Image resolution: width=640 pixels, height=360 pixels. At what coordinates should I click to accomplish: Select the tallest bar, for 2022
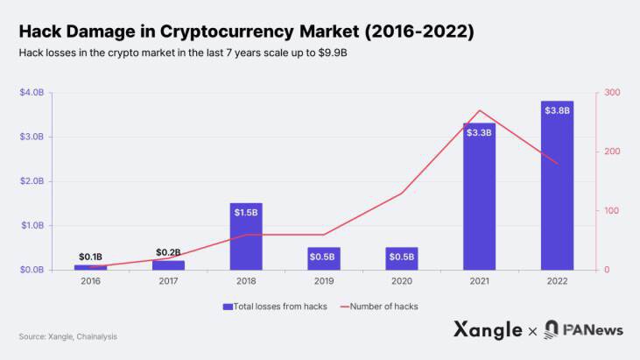(557, 188)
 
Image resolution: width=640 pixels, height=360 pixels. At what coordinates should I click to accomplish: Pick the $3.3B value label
(479, 132)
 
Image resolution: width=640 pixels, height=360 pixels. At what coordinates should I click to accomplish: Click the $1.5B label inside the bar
(246, 212)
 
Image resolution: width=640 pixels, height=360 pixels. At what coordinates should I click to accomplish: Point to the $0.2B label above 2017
(168, 252)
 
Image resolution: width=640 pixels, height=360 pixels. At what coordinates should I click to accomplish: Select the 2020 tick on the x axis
(401, 281)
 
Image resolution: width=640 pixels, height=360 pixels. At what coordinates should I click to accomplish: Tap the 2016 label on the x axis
(90, 281)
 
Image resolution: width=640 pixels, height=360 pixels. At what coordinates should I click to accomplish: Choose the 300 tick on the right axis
(612, 93)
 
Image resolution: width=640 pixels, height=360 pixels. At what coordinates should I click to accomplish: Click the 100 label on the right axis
(612, 211)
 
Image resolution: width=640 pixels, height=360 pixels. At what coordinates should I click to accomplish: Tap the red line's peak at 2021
(479, 110)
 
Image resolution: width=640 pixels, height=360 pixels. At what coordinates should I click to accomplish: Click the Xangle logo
(488, 330)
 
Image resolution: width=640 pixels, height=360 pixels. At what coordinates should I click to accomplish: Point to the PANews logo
(583, 330)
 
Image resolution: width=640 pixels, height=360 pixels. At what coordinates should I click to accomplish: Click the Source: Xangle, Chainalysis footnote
(67, 336)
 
